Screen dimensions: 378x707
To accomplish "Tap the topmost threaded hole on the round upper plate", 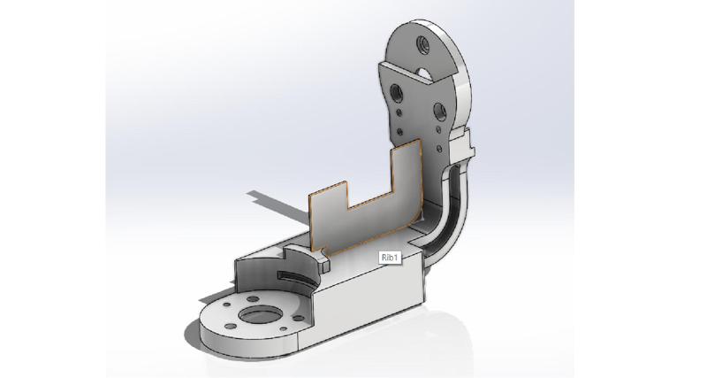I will [x=420, y=41].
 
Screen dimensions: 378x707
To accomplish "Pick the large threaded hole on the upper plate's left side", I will [x=396, y=89].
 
